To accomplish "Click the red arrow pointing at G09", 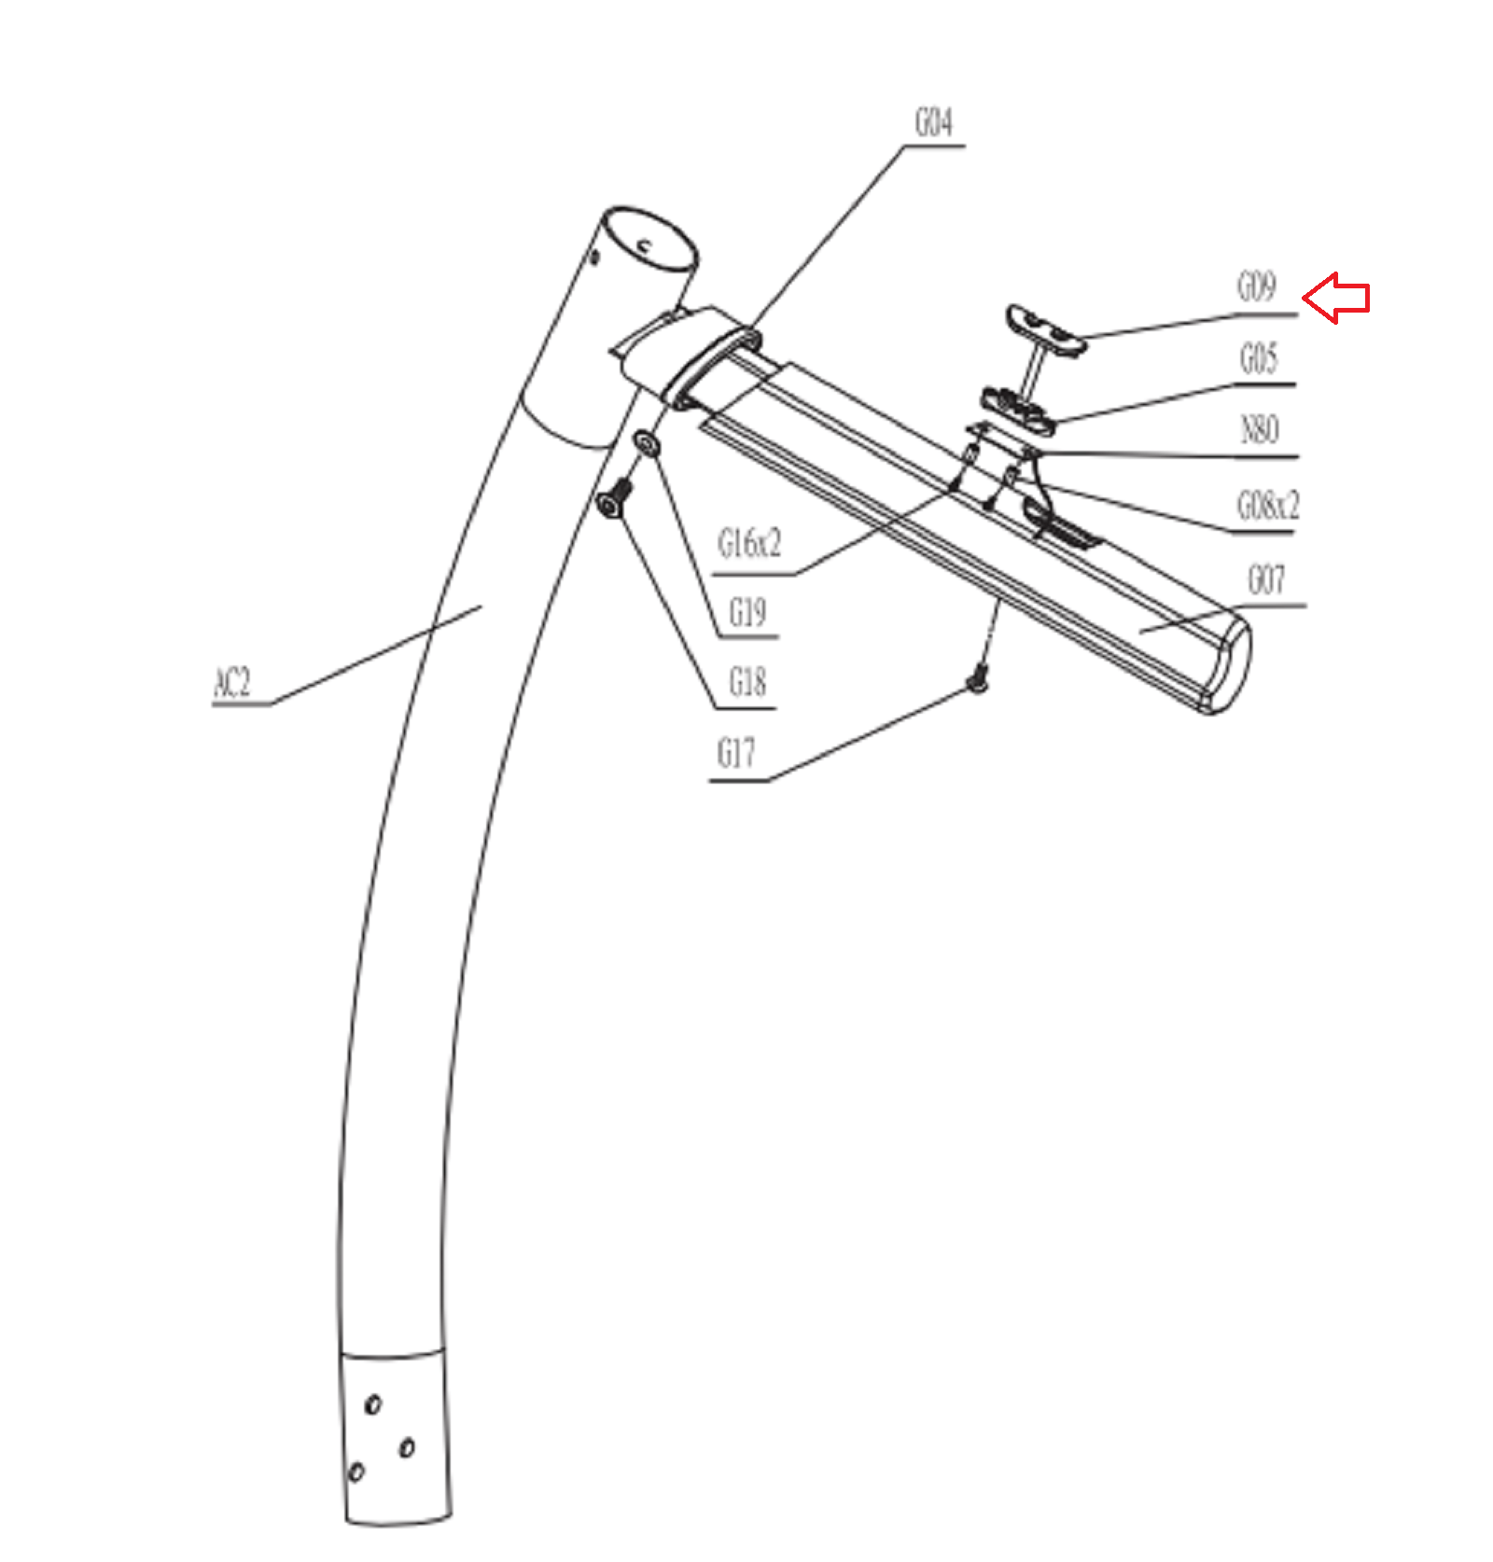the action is click(x=1336, y=298).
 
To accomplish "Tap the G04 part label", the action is click(x=933, y=123).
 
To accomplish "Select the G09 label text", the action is click(x=1256, y=286).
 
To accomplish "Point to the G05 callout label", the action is click(x=1258, y=359).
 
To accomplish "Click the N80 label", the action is click(x=1259, y=430).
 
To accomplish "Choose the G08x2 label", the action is click(x=1267, y=506).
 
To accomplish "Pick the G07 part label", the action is click(x=1266, y=580).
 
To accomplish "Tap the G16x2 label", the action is click(x=748, y=543).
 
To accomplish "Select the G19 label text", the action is click(x=747, y=613).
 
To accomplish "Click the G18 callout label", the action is click(x=747, y=683).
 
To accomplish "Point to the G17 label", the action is click(x=735, y=753).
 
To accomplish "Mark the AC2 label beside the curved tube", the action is click(x=233, y=682).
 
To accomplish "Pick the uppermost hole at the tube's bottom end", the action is click(x=373, y=1403).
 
